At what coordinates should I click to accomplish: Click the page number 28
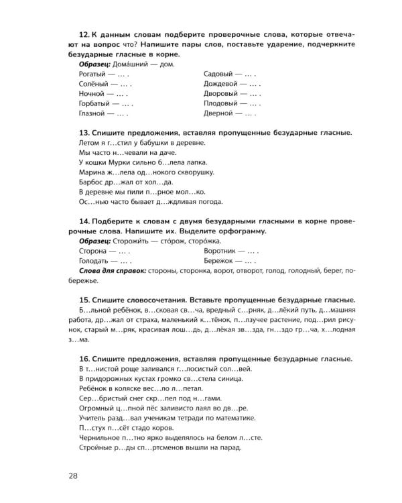[73, 476]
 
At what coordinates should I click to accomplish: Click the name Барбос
[92, 182]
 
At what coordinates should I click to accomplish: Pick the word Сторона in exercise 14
[93, 250]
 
